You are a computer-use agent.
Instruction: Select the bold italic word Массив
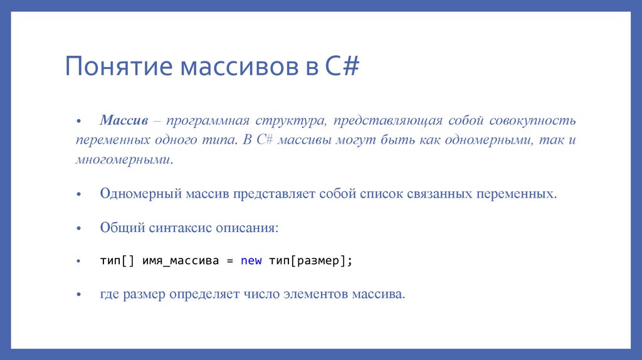[x=124, y=120]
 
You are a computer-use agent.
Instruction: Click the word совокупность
[x=532, y=120]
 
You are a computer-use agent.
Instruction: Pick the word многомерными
[x=123, y=159]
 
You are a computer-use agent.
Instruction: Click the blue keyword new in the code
[x=251, y=260]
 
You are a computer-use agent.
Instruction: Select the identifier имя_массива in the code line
[x=181, y=260]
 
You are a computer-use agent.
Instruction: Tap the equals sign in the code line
[x=229, y=260]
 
